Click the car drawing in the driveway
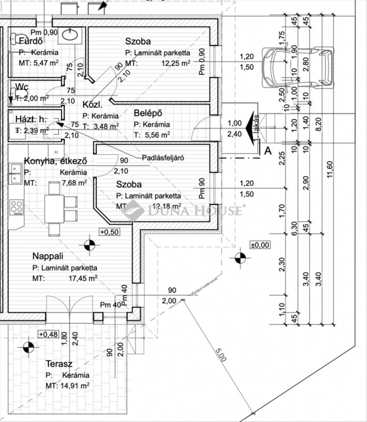[297, 68]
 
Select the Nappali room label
[48, 256]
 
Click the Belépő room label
[148, 113]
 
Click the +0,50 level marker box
[109, 231]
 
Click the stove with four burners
[16, 207]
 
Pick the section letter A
[267, 150]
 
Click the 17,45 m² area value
[83, 278]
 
